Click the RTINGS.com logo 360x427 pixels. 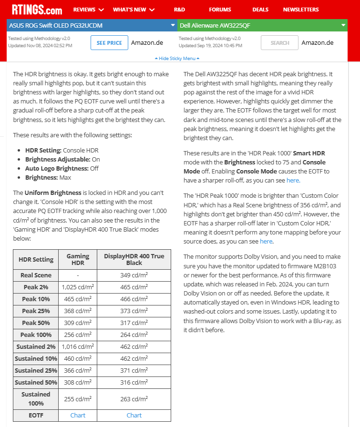(37, 10)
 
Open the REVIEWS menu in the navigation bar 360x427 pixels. (89, 10)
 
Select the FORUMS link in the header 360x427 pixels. (220, 10)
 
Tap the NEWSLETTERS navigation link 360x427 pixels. (308, 10)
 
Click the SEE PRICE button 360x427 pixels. (109, 43)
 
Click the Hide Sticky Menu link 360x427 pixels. (177, 59)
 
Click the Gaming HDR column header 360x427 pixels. (78, 260)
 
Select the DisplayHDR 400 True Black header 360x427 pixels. (134, 260)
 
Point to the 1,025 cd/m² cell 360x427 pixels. (78, 287)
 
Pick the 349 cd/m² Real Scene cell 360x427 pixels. (134, 275)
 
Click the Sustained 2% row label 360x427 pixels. (36, 347)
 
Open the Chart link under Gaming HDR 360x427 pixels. (78, 415)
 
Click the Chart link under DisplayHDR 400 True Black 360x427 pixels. (134, 415)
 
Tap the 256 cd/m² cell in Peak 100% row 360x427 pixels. (78, 335)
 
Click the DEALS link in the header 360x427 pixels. (260, 10)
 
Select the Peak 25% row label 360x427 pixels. (36, 311)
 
